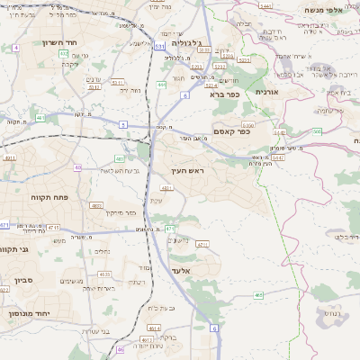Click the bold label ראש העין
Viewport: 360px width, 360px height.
click(189, 169)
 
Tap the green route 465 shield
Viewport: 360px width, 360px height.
click(259, 293)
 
